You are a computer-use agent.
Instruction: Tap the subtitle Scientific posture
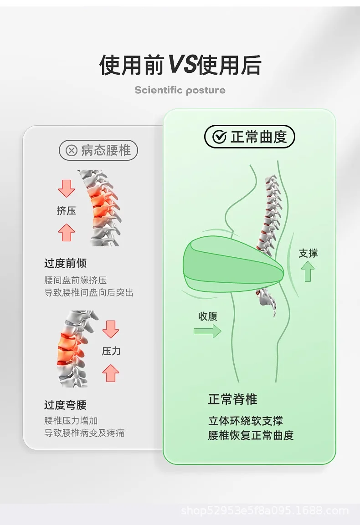(180, 90)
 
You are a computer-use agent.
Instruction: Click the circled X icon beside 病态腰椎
(72, 150)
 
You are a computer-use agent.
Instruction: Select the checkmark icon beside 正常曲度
(220, 137)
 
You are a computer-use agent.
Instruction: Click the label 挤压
(67, 211)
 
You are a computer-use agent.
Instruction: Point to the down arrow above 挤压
(67, 189)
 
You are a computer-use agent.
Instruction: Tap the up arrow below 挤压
(67, 232)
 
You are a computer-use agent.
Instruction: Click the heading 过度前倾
(65, 263)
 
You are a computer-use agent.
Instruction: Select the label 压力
(111, 351)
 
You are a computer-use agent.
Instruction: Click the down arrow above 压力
(111, 329)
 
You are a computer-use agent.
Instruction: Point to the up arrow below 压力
(111, 373)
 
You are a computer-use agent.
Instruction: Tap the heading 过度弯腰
(65, 405)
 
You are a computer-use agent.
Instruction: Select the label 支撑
(308, 253)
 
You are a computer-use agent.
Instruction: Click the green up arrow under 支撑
(308, 271)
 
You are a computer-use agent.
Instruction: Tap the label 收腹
(208, 316)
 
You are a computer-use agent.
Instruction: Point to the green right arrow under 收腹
(207, 331)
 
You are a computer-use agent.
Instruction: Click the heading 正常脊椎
(232, 399)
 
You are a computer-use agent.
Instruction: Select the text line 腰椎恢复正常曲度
(251, 435)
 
